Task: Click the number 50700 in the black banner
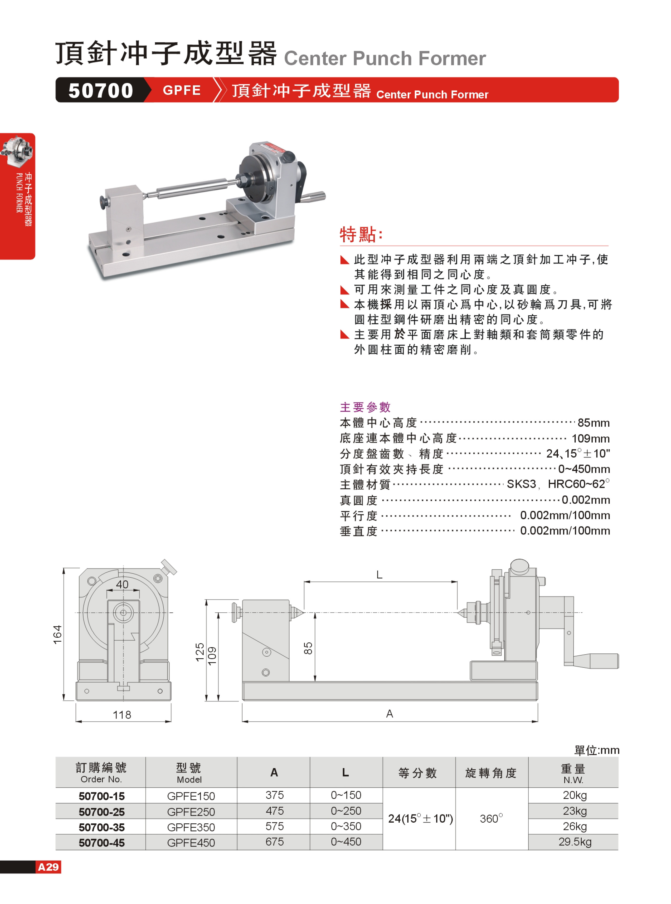[x=101, y=90]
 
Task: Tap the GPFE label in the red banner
[x=182, y=90]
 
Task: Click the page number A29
[x=48, y=867]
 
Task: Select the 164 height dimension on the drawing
[x=57, y=634]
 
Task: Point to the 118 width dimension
[x=122, y=714]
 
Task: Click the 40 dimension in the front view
[x=122, y=584]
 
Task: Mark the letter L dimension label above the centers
[x=379, y=574]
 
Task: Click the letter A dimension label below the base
[x=390, y=713]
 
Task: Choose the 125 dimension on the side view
[x=200, y=652]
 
